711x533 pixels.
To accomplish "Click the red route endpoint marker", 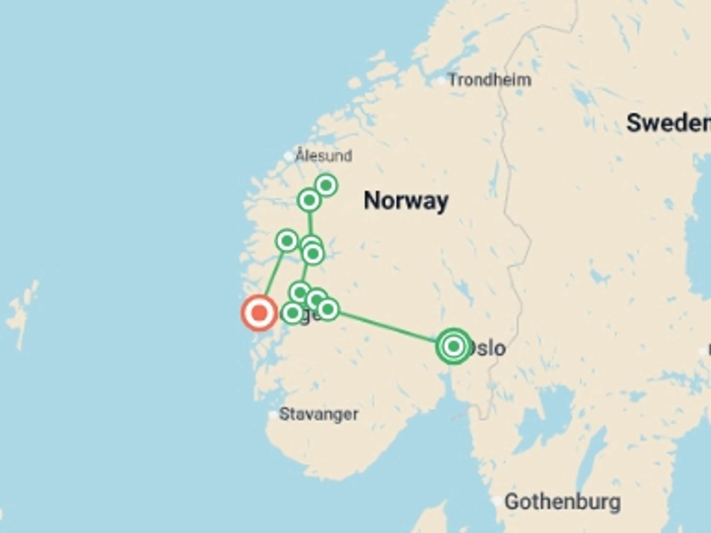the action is (x=259, y=313).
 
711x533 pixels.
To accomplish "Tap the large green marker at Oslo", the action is (x=454, y=346).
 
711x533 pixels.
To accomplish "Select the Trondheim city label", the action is (x=490, y=80).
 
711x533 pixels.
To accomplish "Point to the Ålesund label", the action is (x=324, y=156).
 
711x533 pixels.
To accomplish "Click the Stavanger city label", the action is (x=318, y=414).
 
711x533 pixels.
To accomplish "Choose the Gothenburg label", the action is (x=563, y=502).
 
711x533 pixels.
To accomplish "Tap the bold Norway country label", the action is (x=406, y=201).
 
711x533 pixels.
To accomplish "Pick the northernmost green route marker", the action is (x=326, y=185).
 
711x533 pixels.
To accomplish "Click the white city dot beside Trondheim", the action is (x=441, y=80).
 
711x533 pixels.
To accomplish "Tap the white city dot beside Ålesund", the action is (x=288, y=156).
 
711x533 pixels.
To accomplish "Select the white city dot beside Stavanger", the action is (x=273, y=415).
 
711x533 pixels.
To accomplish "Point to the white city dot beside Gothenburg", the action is (x=498, y=502).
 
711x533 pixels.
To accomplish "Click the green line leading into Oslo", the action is (x=389, y=327).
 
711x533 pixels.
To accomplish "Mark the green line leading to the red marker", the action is (x=273, y=276).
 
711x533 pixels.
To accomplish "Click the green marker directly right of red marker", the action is (x=292, y=313).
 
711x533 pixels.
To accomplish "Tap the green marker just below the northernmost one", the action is (x=309, y=200).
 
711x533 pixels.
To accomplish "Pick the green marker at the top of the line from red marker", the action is (x=287, y=241).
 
